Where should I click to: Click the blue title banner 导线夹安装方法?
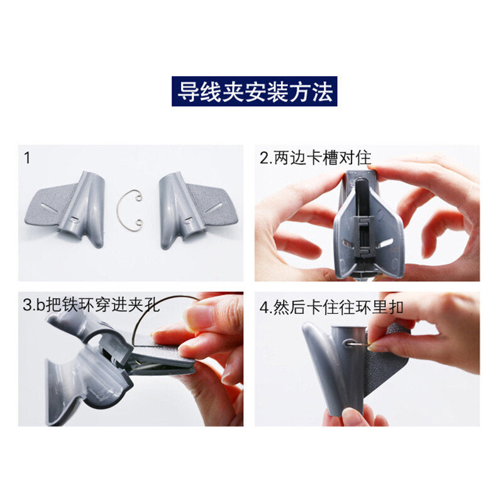(255, 91)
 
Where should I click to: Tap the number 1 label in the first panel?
(27, 158)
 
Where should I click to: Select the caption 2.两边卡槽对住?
(315, 158)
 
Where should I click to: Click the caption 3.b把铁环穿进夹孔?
(91, 305)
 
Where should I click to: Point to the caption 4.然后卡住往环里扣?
(331, 307)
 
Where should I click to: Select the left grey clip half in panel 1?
(65, 208)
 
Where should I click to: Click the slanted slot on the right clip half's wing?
(214, 207)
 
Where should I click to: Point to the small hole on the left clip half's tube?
(75, 219)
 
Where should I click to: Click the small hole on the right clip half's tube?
(187, 220)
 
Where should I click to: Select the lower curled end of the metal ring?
(138, 223)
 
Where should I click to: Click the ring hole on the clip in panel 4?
(349, 343)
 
